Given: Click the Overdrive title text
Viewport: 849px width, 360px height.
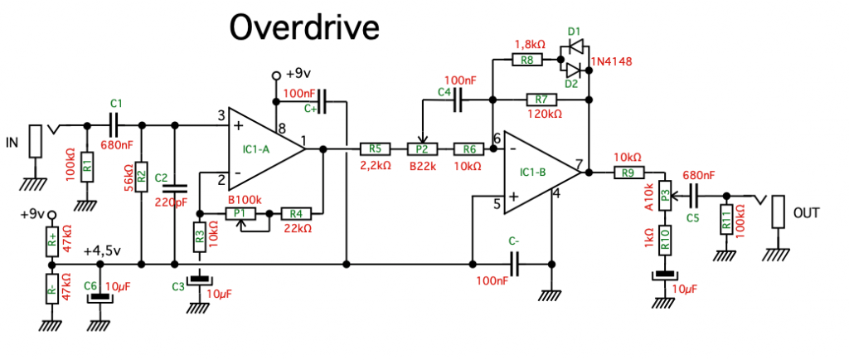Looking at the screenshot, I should point(304,27).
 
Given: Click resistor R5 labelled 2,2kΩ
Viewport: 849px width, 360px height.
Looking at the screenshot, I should point(375,149).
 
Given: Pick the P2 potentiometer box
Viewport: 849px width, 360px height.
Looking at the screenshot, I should point(421,149).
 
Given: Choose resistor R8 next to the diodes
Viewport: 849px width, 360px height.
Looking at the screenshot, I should point(527,60).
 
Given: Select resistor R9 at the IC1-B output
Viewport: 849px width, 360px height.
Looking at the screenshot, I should point(627,173).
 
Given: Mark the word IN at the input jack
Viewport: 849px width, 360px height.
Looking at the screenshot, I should point(12,143).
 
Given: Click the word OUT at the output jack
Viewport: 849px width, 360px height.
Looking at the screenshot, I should point(807,213).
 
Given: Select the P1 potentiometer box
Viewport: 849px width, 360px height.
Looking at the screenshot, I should point(240,213).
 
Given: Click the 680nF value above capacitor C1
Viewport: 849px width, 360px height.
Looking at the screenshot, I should point(115,145).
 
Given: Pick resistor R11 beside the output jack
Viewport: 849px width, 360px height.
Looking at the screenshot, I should point(726,221).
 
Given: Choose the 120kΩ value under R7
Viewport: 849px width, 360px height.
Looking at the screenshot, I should point(544,114).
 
